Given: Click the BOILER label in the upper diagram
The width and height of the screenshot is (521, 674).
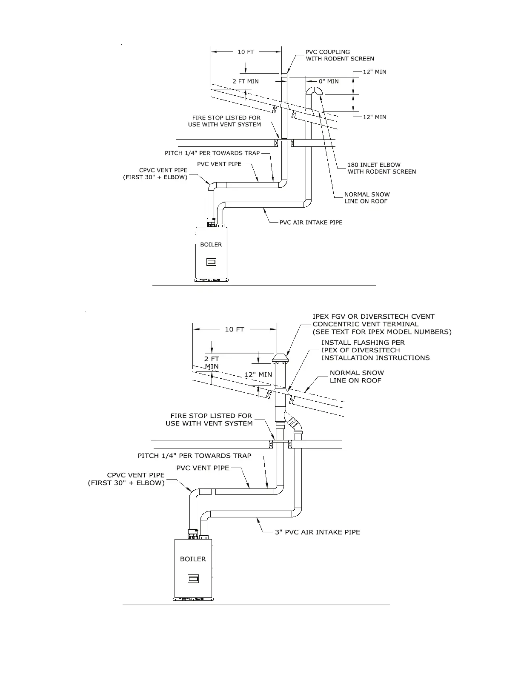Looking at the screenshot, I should point(211,245).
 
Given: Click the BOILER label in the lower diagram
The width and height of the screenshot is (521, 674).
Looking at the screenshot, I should point(193,559).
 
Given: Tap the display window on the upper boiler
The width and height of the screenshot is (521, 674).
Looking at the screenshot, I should point(211,262).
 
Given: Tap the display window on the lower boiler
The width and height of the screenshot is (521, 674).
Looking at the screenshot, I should point(193,579).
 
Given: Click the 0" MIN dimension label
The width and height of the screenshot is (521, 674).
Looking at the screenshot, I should point(329,81).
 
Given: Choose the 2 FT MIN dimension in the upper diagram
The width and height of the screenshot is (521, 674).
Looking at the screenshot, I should point(246,81).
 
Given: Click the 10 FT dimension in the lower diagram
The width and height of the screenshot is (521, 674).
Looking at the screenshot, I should point(235,329).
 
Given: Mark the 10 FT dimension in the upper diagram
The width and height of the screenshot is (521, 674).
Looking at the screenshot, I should point(246,52).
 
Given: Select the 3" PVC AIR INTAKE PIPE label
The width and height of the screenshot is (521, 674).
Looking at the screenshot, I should point(317,532).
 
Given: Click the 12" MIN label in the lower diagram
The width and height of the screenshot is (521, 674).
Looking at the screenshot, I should point(258,375).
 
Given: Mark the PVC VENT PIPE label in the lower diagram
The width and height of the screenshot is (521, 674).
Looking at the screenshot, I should point(203,468).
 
